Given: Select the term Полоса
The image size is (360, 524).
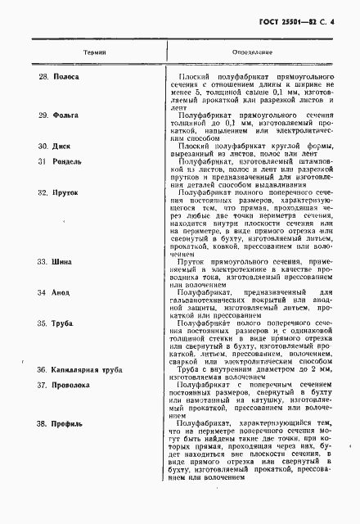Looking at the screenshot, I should tap(65, 75).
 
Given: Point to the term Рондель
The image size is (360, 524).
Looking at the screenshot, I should tap(67, 161).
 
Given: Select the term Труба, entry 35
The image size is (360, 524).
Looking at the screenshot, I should tap(65, 325).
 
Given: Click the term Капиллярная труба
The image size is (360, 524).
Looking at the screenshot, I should tap(88, 371).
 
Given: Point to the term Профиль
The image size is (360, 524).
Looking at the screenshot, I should tap(68, 423).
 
